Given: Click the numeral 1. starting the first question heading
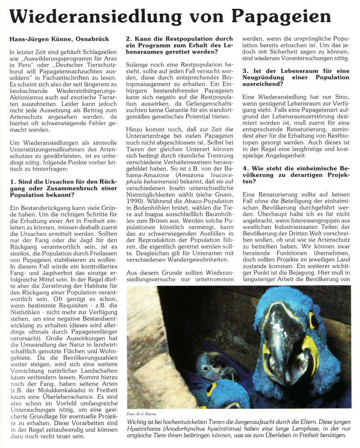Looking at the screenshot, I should [x=12, y=181].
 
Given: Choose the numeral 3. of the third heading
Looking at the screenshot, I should [x=245, y=70].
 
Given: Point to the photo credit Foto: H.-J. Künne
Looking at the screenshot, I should [x=143, y=414].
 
